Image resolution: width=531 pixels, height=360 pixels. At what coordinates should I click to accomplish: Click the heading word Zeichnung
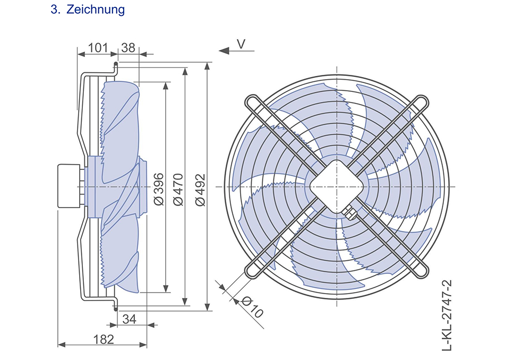click(96, 10)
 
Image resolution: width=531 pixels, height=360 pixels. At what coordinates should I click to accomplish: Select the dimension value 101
click(98, 48)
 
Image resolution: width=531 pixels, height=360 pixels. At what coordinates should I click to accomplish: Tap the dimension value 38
click(128, 48)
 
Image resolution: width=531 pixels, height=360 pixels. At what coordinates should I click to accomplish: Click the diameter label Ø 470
click(178, 190)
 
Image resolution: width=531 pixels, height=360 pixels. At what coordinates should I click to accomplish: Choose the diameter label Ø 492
click(201, 190)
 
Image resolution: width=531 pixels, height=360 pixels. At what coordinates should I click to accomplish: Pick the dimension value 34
click(129, 319)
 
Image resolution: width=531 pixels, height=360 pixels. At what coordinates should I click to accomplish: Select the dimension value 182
click(104, 339)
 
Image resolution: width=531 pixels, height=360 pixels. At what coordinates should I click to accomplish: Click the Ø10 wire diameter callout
click(253, 307)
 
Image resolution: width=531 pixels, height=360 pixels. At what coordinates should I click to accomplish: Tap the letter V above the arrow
click(241, 44)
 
